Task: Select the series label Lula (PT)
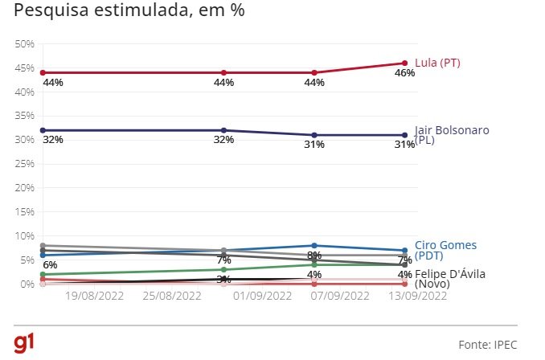click(436, 63)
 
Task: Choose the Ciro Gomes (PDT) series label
click(446, 250)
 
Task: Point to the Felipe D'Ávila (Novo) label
click(449, 279)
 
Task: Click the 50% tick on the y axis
click(25, 43)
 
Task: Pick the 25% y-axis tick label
click(25, 164)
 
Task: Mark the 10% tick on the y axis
click(25, 236)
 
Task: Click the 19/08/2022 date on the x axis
click(93, 296)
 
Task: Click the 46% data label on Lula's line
click(404, 73)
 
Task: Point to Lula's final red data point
click(405, 63)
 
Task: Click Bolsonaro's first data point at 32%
click(43, 130)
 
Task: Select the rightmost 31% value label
click(404, 145)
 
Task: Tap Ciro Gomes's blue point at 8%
click(314, 245)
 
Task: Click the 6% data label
click(50, 265)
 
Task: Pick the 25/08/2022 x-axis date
click(172, 296)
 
